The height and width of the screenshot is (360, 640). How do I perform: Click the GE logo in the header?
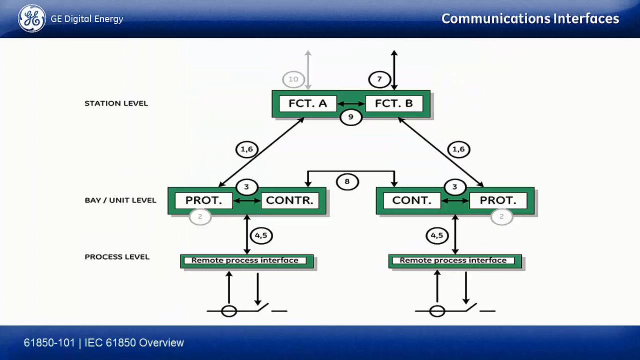point(32,19)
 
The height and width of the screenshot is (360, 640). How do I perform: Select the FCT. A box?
point(308,104)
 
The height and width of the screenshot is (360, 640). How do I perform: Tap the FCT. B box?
point(394,104)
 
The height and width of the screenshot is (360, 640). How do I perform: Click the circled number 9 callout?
point(351,117)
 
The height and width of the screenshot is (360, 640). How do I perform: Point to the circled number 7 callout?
point(380,79)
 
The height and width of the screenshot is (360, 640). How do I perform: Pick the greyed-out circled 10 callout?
point(293,79)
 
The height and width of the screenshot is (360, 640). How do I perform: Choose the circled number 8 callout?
point(347,181)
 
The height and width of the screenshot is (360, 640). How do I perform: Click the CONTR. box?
point(290,201)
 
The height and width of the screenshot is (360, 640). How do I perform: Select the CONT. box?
point(412,201)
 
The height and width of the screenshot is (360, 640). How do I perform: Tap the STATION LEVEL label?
point(116,103)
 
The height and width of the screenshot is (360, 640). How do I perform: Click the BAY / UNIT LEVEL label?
point(120,200)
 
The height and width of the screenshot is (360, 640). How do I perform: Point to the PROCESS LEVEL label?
point(117,257)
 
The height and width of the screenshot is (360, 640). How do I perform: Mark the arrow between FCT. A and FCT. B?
point(351,104)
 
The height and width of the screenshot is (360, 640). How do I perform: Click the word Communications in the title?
point(496,19)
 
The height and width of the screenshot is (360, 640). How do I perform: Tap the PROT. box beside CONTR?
point(204,201)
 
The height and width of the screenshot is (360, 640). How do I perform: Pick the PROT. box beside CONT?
point(499,201)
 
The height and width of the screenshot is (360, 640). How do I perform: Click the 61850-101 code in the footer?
point(49,343)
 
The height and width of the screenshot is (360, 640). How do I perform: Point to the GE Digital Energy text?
point(87,19)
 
